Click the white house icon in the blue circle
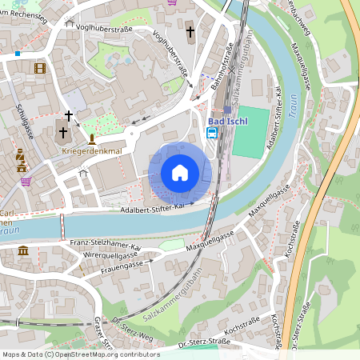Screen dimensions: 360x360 (180, 173)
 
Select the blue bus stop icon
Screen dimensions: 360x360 (212, 134)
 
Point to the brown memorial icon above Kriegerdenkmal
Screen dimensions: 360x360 (91, 138)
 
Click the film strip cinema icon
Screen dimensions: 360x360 (40, 68)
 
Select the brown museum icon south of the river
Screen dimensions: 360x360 (22, 251)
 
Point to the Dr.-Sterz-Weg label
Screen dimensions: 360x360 (134, 330)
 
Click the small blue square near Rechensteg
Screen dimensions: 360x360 (17, 54)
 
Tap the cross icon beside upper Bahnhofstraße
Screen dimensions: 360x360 (190, 32)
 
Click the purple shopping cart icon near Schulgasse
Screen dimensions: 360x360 (26, 181)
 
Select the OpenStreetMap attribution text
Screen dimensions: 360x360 (80, 354)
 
